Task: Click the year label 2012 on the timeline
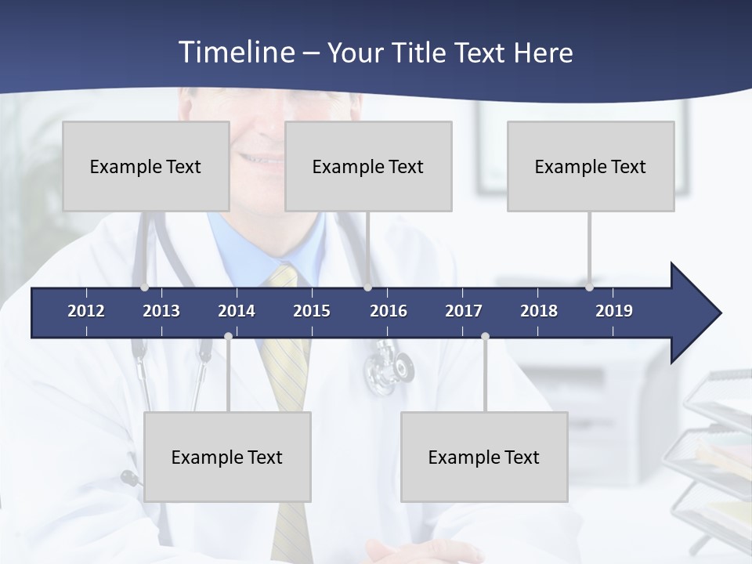pyautogui.click(x=86, y=311)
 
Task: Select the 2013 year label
pyautogui.click(x=161, y=311)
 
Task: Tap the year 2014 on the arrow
pyautogui.click(x=237, y=311)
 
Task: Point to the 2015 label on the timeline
pyautogui.click(x=312, y=311)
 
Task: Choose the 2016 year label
pyautogui.click(x=389, y=311)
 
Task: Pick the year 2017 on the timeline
pyautogui.click(x=464, y=311)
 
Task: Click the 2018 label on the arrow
pyautogui.click(x=539, y=311)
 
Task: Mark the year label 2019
pyautogui.click(x=614, y=311)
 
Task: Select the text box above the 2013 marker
pyautogui.click(x=146, y=166)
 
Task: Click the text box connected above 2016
pyautogui.click(x=368, y=166)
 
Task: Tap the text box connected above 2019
pyautogui.click(x=591, y=166)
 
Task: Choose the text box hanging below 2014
pyautogui.click(x=227, y=457)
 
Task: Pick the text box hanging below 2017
pyautogui.click(x=484, y=457)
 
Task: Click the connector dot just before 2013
pyautogui.click(x=144, y=287)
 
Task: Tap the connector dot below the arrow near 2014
pyautogui.click(x=228, y=337)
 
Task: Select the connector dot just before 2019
pyautogui.click(x=589, y=287)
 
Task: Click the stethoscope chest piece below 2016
pyautogui.click(x=389, y=368)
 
